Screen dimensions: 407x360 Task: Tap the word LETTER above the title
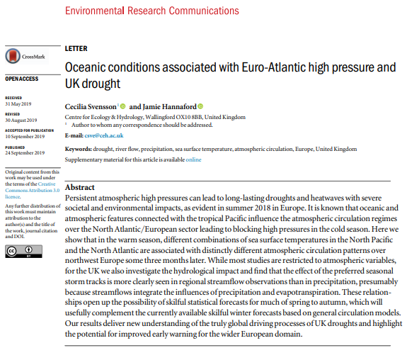[x=76, y=49]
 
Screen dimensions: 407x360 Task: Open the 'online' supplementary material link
[x=193, y=159]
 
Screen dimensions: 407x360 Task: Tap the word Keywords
[x=78, y=149]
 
